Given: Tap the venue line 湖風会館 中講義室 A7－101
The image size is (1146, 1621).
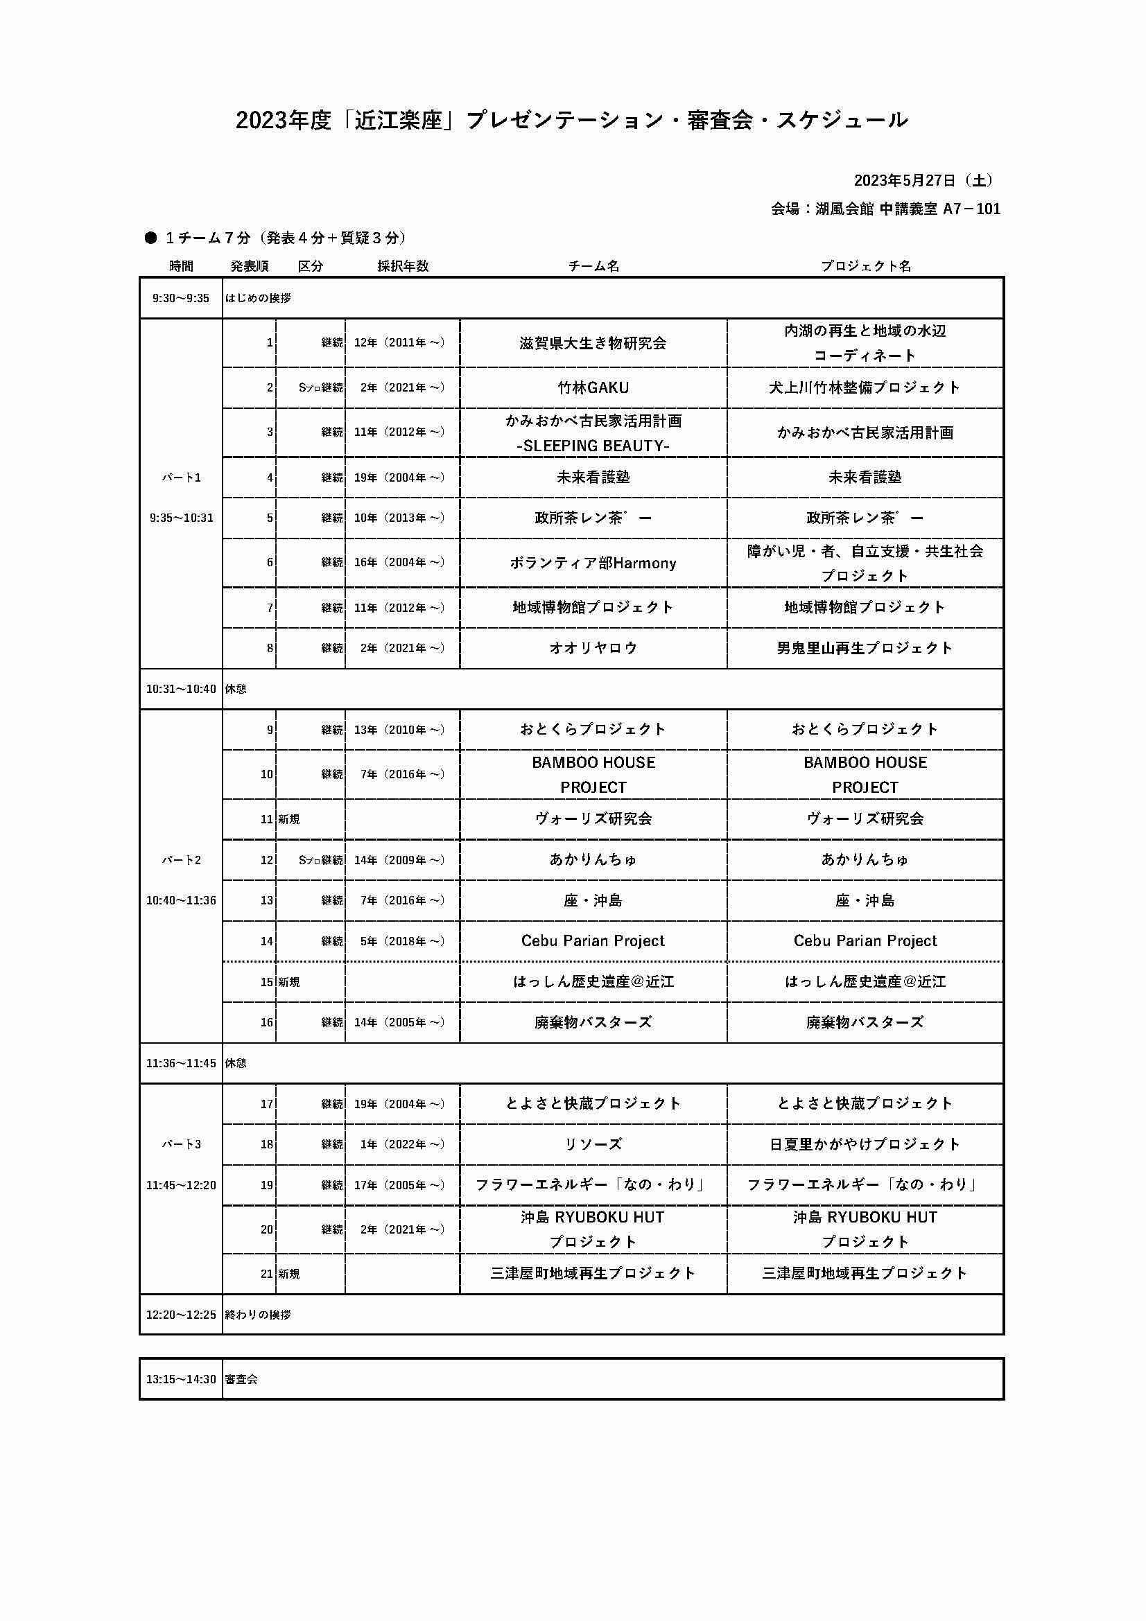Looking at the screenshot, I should click(885, 209).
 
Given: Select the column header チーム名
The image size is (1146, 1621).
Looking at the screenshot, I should click(593, 266).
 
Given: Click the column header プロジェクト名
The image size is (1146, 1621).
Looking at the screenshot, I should click(865, 266).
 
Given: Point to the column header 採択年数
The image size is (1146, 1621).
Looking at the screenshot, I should click(403, 266).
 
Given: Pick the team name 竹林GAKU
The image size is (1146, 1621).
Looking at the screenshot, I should click(593, 387).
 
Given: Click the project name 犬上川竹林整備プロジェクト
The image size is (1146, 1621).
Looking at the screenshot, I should click(865, 387).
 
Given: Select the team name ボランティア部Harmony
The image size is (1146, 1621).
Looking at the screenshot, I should click(593, 563).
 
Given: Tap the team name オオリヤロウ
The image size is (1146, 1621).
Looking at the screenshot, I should click(593, 648).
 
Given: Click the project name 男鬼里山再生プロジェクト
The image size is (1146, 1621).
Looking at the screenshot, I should click(865, 648).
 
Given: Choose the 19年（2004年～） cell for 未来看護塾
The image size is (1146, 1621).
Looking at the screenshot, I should click(399, 477).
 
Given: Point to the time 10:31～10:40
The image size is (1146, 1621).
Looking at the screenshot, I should click(181, 689).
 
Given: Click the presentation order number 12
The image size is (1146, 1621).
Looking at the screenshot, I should click(266, 860).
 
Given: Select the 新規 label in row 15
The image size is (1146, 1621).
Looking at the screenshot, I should click(289, 982).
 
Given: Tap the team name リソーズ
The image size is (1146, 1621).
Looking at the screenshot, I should click(593, 1144).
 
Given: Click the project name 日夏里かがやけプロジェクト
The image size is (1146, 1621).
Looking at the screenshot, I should click(865, 1144).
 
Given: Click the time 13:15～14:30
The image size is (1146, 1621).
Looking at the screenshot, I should click(181, 1379).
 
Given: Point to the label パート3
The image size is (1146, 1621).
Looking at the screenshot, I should click(182, 1144).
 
